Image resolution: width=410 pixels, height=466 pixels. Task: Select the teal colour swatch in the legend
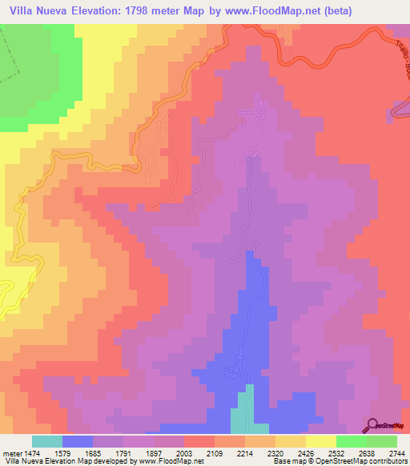[46, 441]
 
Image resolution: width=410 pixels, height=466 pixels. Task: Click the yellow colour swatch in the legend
[320, 441]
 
